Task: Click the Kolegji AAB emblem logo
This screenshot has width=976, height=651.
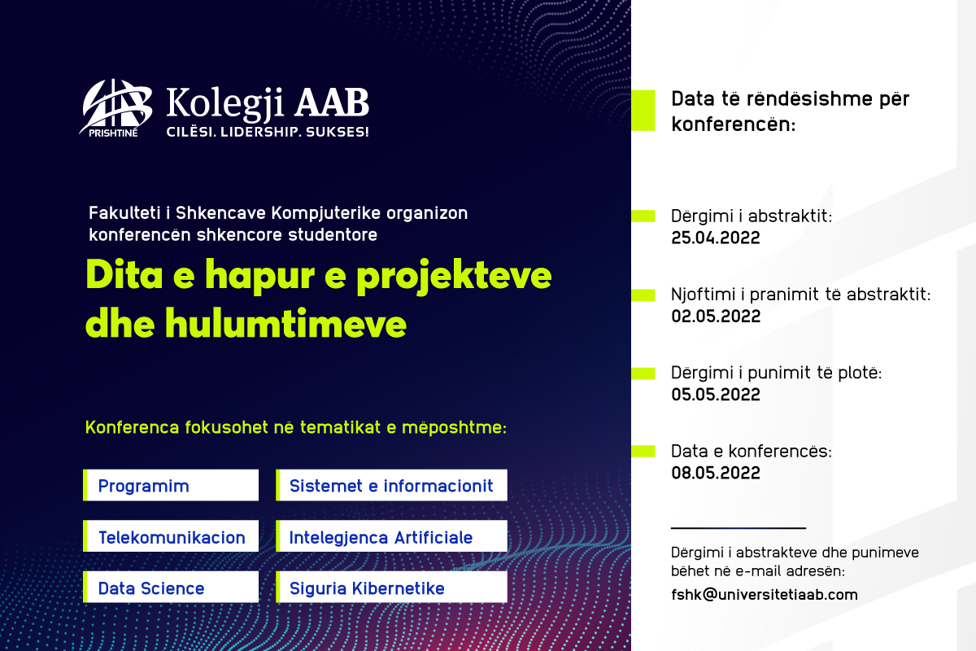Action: click(115, 107)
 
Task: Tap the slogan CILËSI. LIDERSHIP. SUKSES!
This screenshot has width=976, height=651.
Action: click(268, 132)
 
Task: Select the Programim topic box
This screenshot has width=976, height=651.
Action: click(171, 485)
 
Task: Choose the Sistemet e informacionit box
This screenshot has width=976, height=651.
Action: click(391, 485)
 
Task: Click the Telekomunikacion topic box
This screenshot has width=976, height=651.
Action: click(171, 536)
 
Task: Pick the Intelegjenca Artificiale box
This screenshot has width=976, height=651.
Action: click(391, 536)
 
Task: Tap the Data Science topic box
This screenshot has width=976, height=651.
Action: click(171, 588)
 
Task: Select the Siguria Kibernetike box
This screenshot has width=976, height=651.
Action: click(391, 588)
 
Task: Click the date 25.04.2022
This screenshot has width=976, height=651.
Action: click(716, 238)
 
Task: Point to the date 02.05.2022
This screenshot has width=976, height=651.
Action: click(716, 317)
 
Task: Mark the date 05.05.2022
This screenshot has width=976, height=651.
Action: click(716, 395)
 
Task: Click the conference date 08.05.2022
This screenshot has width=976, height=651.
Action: click(716, 473)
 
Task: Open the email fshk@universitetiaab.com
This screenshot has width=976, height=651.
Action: click(765, 595)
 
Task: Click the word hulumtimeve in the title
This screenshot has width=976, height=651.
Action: click(285, 324)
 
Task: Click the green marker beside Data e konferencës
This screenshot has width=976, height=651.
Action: click(643, 452)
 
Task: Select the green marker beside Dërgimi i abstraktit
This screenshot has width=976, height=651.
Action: click(643, 216)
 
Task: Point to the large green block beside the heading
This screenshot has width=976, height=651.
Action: click(643, 111)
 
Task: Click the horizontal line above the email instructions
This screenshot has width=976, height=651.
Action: click(739, 528)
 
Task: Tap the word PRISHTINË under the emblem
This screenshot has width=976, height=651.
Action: click(113, 133)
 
